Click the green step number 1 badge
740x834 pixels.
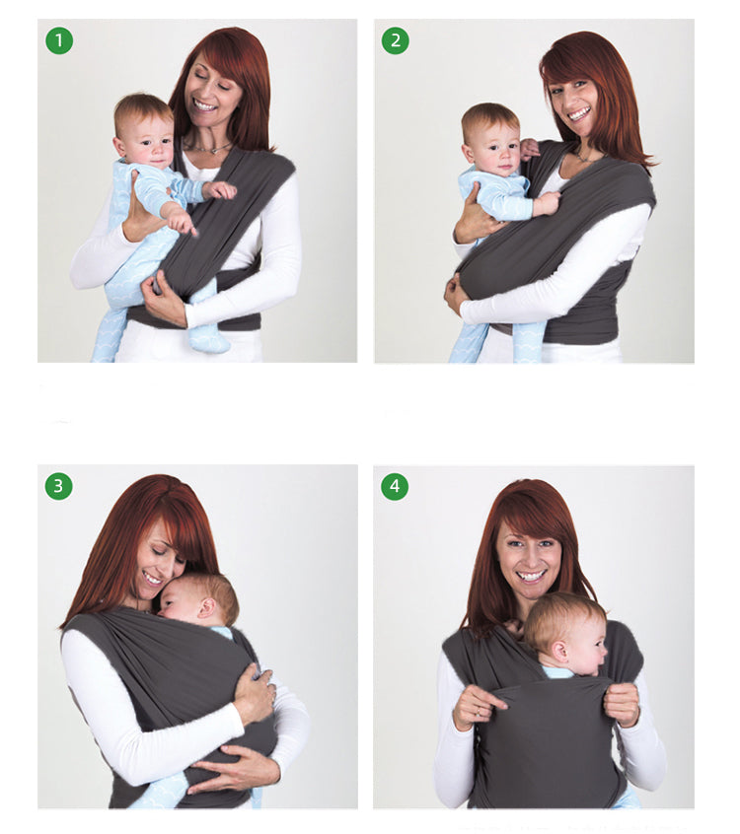[59, 40]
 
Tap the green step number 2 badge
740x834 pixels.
[396, 40]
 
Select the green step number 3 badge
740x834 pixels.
[58, 486]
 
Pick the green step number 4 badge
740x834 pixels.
[395, 486]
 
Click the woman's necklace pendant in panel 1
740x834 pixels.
[213, 151]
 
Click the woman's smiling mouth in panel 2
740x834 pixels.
[580, 113]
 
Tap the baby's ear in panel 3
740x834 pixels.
[206, 606]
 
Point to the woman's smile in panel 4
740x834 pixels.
[530, 576]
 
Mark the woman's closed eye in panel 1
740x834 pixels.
[199, 78]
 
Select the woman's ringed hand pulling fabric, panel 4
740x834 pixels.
[478, 704]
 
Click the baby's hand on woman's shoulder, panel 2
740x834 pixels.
[529, 149]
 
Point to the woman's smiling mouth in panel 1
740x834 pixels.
[205, 104]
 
